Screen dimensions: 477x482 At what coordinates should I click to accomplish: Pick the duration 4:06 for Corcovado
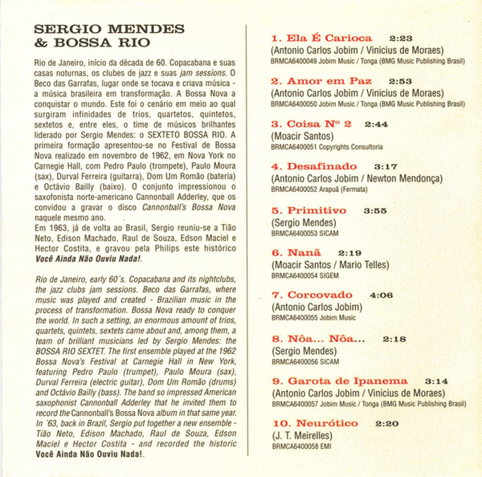pos(381,295)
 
